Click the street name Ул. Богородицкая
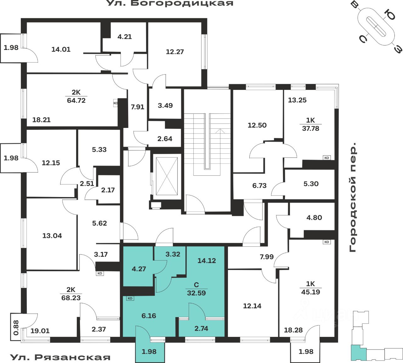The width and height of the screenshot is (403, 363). coord(170,3)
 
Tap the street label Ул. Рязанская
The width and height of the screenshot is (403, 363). coord(60,357)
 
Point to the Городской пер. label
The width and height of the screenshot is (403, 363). coord(353,197)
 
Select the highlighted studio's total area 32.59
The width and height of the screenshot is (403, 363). coord(196,293)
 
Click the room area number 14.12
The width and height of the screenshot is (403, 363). coord(207,261)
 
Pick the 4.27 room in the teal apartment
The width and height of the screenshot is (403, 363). coord(139,269)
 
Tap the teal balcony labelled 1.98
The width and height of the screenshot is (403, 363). coord(149,351)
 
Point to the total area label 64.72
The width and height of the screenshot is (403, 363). coord(76,101)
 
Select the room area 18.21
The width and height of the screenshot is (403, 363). coord(41,120)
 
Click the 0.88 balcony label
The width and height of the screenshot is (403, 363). coord(16,327)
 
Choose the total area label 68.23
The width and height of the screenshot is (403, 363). coord(71,298)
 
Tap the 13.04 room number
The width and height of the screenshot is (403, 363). coord(52,236)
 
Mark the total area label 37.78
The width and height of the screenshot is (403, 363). coord(310,128)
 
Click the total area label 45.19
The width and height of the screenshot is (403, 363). coord(310,292)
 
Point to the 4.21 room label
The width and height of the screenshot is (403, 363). coord(124,37)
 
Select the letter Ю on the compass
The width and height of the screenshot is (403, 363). coord(390,14)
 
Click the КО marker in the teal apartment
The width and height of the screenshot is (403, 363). coord(130,298)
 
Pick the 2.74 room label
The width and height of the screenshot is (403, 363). coord(201,328)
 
